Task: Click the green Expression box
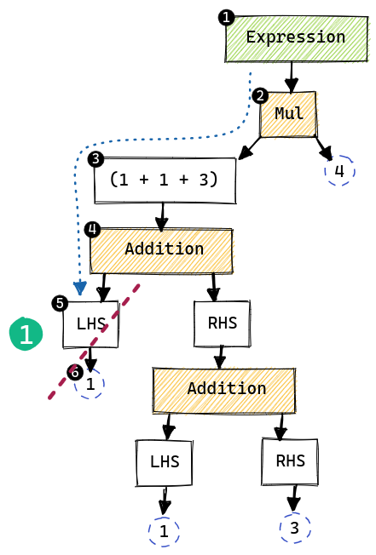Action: [297, 38]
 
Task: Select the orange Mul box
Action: [288, 114]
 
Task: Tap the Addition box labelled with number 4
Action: [161, 250]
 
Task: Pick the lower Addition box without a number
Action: [224, 390]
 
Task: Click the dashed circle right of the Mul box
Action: [339, 170]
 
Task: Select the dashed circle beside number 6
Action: [90, 384]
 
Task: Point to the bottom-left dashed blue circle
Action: [164, 532]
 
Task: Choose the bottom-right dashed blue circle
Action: [295, 528]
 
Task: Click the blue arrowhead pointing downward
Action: [79, 288]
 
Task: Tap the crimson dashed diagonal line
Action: [94, 340]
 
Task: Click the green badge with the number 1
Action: [26, 335]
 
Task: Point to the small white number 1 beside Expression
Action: [226, 18]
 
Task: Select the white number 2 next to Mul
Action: [260, 95]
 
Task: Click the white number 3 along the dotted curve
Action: [95, 158]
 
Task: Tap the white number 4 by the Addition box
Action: [92, 229]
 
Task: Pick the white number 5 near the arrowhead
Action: [60, 303]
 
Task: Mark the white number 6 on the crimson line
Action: [75, 373]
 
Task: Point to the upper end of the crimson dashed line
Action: [139, 285]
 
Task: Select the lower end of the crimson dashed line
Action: [49, 398]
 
